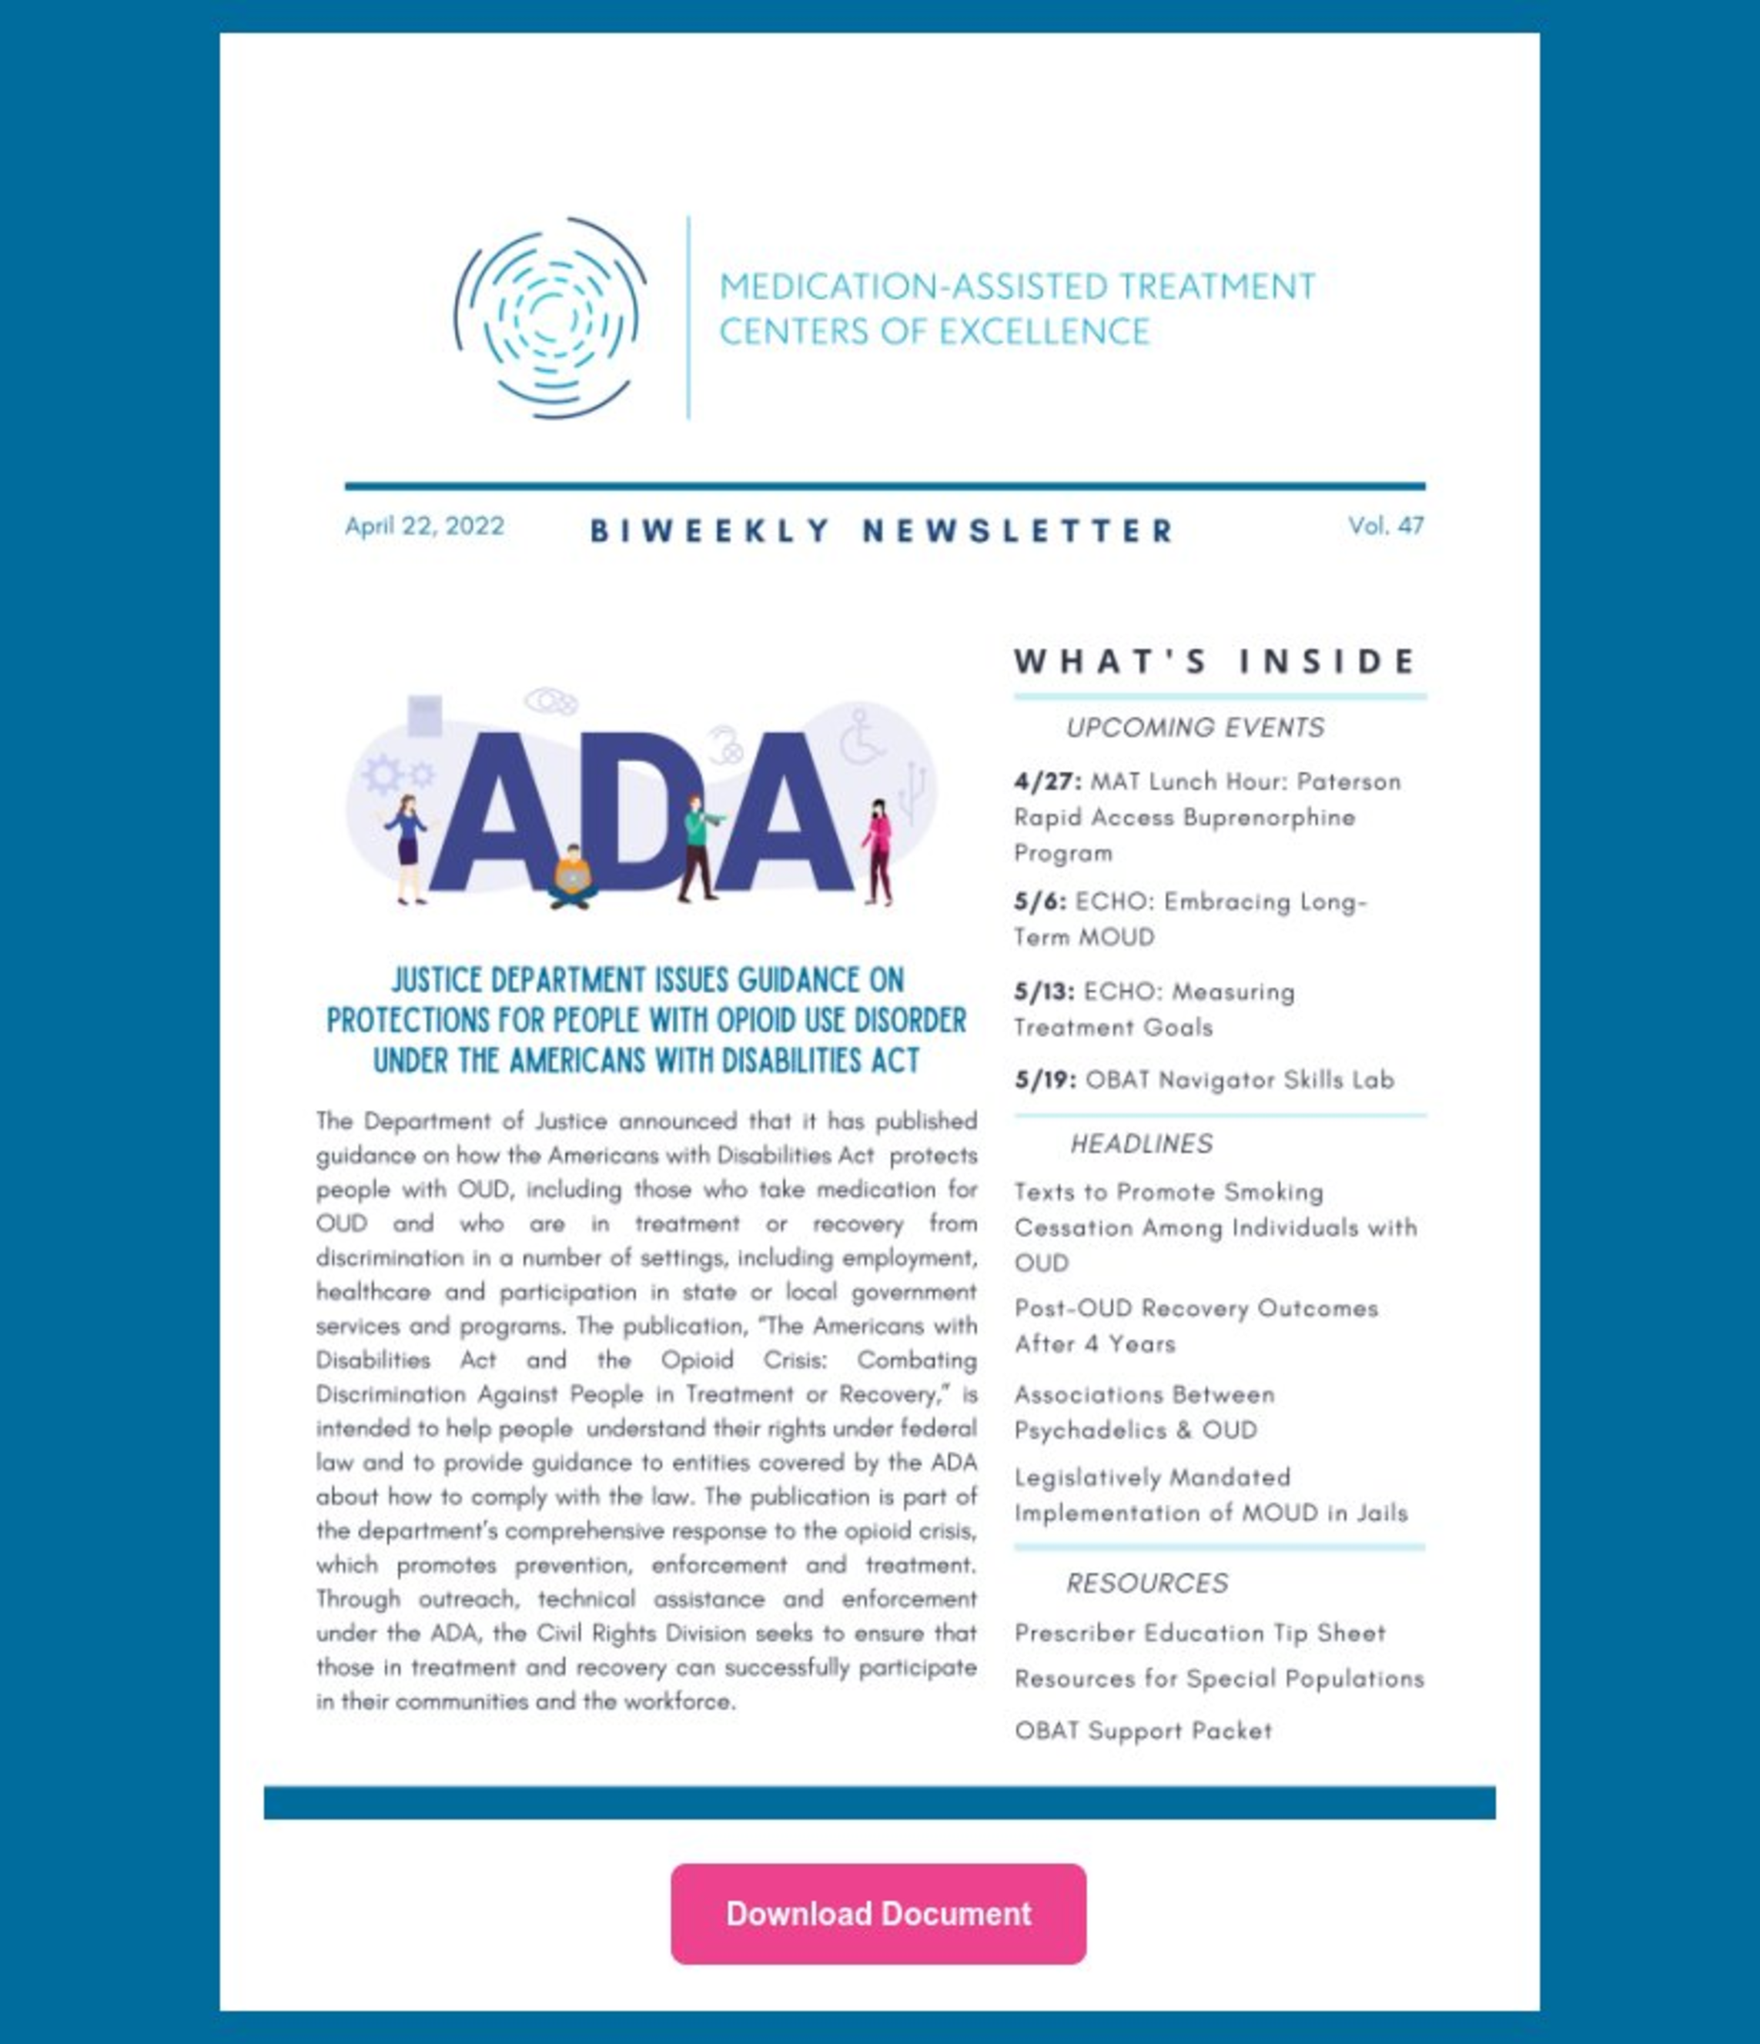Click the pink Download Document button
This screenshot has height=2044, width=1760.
[878, 1914]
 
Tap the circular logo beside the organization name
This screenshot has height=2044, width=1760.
[550, 318]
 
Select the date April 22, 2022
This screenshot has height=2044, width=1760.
[424, 526]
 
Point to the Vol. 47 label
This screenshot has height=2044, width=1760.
[1385, 526]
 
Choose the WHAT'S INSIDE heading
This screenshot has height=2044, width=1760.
[1216, 661]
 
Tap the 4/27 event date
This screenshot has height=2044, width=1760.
[1047, 781]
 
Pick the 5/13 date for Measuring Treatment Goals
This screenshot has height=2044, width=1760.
[1044, 992]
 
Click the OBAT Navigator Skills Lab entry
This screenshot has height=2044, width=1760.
[1239, 1079]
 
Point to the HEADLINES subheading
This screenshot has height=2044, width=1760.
[1142, 1143]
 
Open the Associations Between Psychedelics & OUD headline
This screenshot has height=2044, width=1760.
[1144, 1412]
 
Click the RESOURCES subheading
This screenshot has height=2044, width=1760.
[1146, 1584]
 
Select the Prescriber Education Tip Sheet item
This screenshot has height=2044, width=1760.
[1200, 1634]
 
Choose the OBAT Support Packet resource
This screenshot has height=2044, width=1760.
[1143, 1731]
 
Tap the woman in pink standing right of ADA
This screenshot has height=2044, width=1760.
[877, 851]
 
